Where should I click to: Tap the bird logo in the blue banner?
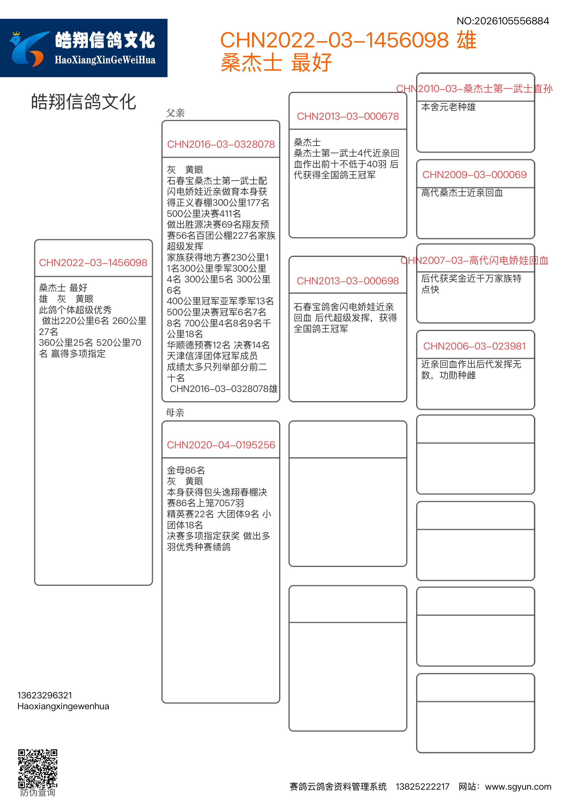[28, 49]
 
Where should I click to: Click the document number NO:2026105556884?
[503, 21]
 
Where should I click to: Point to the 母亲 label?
[175, 413]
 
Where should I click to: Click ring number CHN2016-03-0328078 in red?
[221, 144]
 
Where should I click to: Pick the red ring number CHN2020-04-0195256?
[221, 445]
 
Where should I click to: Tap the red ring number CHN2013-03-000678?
[348, 116]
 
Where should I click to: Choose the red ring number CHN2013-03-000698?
[348, 281]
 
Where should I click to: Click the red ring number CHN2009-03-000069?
[475, 175]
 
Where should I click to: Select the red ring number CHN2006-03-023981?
[475, 346]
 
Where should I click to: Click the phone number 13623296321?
[45, 695]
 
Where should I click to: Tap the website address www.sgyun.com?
[518, 787]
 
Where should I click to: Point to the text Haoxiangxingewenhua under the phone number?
[63, 706]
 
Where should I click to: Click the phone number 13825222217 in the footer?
[422, 787]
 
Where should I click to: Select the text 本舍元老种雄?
[448, 107]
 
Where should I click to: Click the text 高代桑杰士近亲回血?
[462, 193]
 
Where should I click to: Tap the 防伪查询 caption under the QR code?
[38, 792]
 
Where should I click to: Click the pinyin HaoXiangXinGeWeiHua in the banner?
[105, 60]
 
